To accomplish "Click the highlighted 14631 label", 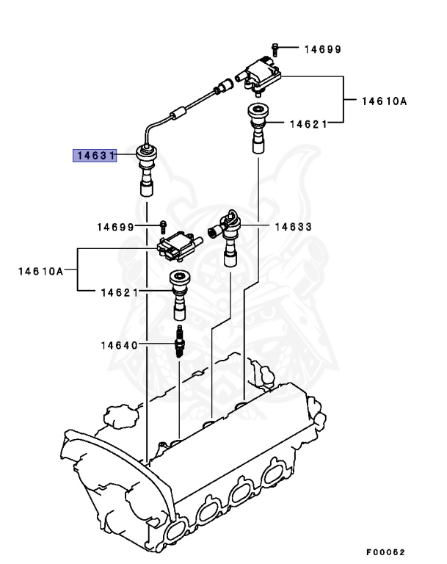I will tap(93, 155).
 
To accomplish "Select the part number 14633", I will tap(293, 227).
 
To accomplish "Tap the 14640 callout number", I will tap(120, 344).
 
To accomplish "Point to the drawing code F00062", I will tap(385, 552).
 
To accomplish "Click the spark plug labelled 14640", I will tap(178, 343).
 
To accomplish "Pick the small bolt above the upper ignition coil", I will tap(273, 48).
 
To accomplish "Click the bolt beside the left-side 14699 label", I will tap(164, 225).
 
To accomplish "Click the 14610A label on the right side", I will tap(383, 101).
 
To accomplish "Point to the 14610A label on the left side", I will tap(40, 271).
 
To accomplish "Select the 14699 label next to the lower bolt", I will tap(116, 227).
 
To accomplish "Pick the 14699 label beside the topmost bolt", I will tap(322, 49).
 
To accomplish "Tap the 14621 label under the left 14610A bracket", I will tap(120, 292).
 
